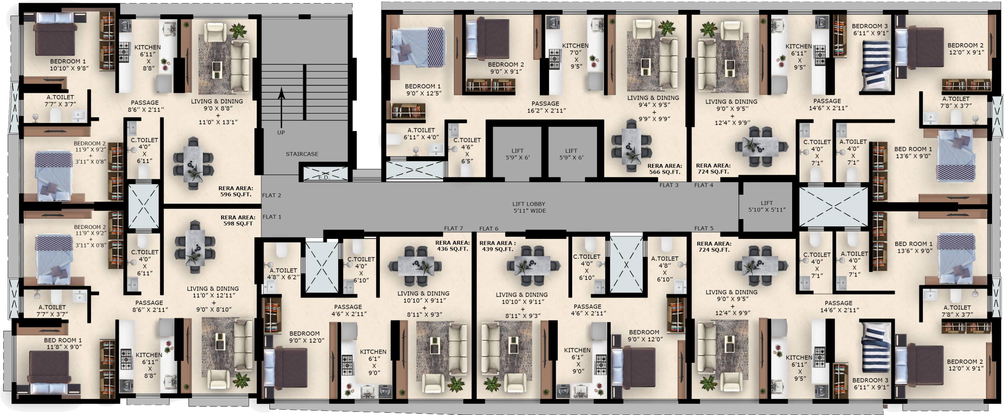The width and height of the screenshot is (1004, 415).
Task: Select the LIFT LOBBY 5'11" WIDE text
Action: click(529, 208)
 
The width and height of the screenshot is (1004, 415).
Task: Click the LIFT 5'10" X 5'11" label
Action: click(767, 206)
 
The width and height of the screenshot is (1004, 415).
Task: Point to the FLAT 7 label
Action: click(453, 229)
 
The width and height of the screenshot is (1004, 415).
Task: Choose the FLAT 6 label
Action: click(488, 229)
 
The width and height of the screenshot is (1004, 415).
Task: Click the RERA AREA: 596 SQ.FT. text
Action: click(235, 191)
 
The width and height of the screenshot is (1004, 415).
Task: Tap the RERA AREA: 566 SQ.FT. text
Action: click(665, 169)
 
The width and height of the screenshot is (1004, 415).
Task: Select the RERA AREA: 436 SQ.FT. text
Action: click(452, 246)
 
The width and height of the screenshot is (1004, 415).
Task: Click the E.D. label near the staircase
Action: click(324, 178)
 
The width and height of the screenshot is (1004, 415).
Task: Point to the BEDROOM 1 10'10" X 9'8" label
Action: click(69, 65)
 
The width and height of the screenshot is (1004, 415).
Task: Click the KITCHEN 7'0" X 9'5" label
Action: click(575, 56)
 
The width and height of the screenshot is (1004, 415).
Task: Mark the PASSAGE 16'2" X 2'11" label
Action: click(545, 107)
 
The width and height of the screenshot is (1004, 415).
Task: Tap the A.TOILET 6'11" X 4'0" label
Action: click(421, 133)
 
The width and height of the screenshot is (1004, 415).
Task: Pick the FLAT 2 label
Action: click(271, 195)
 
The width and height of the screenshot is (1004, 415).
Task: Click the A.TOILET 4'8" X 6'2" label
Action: click(284, 273)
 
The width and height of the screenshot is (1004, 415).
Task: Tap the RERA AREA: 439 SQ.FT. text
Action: click(497, 246)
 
